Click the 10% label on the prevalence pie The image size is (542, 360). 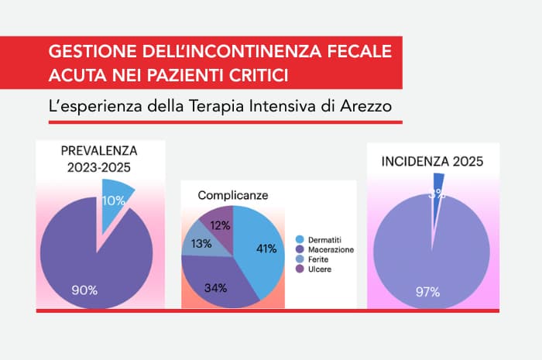point(114,201)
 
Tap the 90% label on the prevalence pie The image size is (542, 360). point(85,290)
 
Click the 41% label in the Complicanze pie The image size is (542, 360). point(266,249)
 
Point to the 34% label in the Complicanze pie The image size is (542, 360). point(216,288)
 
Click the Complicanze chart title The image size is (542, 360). point(233,195)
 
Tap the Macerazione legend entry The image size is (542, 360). point(328,249)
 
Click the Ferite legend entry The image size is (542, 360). point(319,259)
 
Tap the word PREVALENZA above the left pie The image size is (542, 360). point(98,150)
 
